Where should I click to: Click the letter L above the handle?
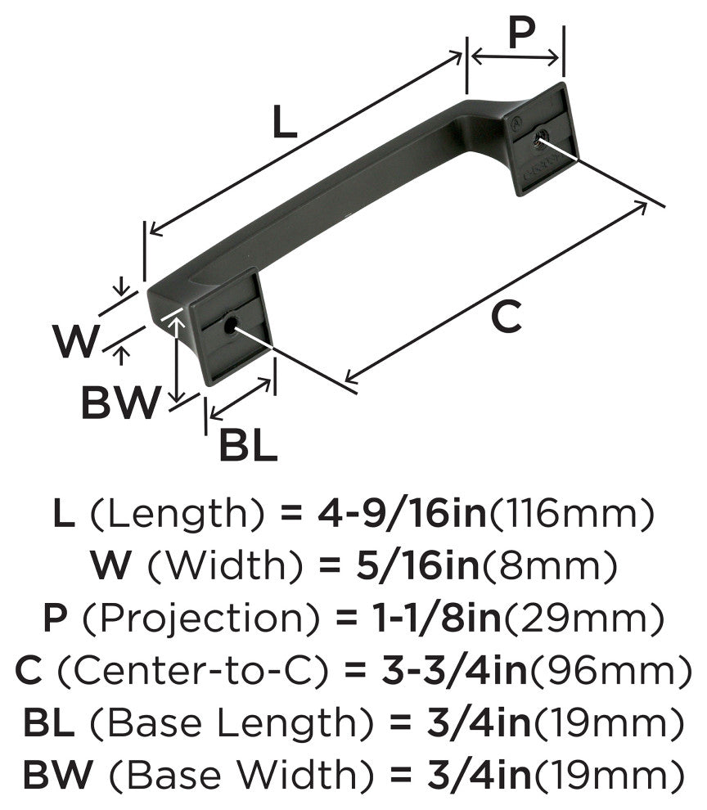point(285,122)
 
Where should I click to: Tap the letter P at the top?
point(521,32)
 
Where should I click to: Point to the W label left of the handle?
point(75,340)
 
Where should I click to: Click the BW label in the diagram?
point(120,403)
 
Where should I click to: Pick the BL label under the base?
point(248,445)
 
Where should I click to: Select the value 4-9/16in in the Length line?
point(403,513)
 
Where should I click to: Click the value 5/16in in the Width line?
point(418,565)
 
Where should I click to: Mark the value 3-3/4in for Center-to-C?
point(454,670)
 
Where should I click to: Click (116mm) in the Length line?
point(571,514)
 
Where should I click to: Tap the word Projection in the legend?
point(201,618)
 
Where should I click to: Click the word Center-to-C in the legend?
point(191,671)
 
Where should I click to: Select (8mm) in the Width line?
point(550,565)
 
